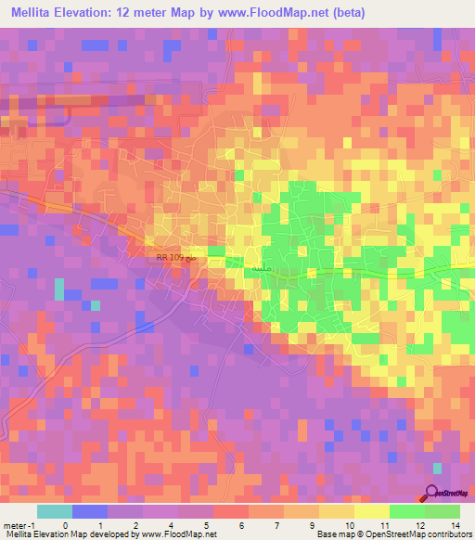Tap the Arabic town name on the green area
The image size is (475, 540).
point(262,267)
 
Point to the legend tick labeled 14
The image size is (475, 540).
point(457,525)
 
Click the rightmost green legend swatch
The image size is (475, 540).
point(443,511)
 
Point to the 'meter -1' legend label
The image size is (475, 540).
point(18,525)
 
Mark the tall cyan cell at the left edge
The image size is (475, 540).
point(60,289)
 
